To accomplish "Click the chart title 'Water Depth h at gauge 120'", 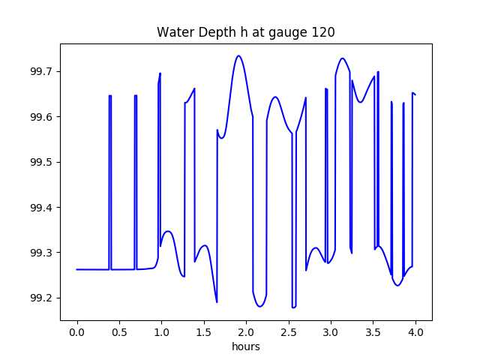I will (x=245, y=32).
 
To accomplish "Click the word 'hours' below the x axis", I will (x=245, y=347).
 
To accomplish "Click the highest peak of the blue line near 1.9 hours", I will (x=238, y=55).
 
